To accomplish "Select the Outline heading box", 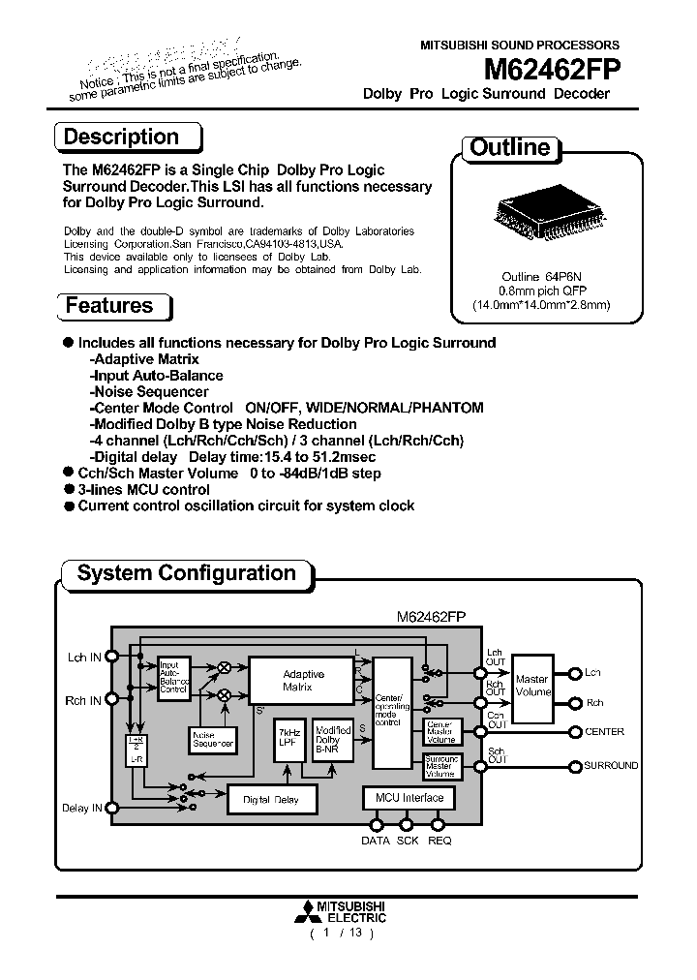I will coord(509,148).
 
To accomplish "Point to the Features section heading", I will coord(110,306).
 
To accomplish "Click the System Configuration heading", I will coord(186,573).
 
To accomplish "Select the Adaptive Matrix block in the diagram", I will coord(303,681).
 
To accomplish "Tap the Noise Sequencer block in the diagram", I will coord(212,739).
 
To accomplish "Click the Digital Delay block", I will coord(270,799).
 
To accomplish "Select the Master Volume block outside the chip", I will coord(531,687).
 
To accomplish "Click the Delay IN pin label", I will coord(81,808).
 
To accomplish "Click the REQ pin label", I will coord(439,841).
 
